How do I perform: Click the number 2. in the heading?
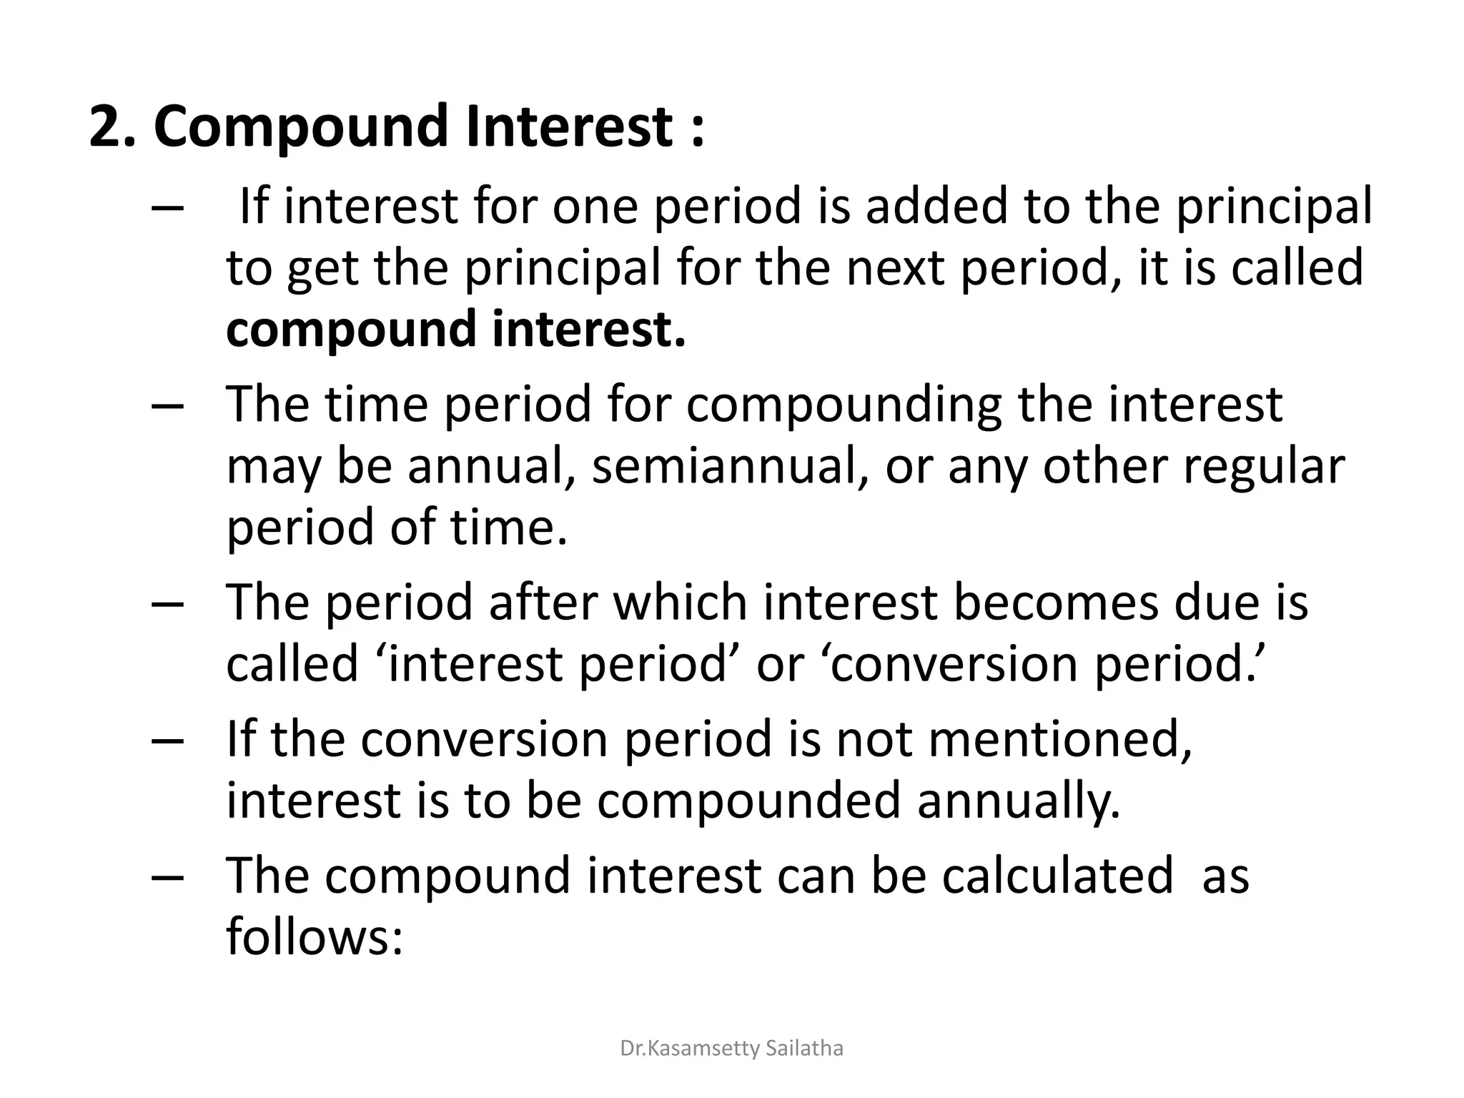(x=112, y=127)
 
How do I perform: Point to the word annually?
(x=1019, y=801)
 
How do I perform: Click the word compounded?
(x=748, y=801)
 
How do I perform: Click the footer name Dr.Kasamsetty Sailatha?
(x=731, y=1049)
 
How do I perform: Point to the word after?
(x=542, y=602)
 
